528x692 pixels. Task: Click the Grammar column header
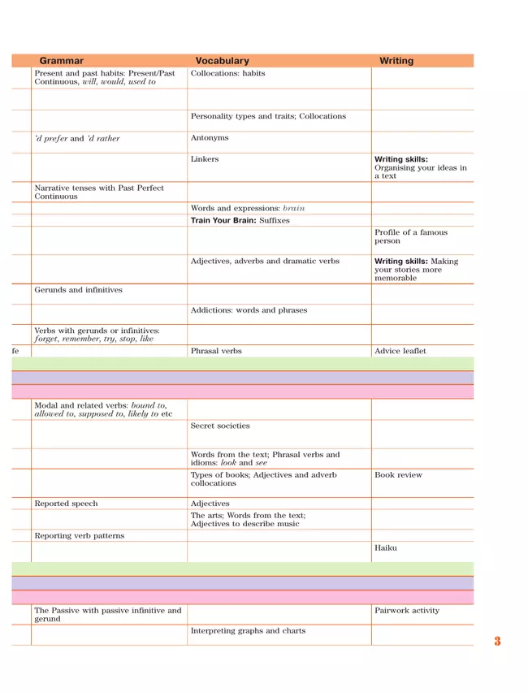[61, 61]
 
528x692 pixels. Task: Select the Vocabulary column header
[222, 61]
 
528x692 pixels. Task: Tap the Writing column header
[396, 61]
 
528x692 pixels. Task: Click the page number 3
[497, 642]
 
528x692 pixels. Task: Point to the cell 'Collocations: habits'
[227, 73]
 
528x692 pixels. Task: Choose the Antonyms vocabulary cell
[210, 138]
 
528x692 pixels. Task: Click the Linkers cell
[205, 159]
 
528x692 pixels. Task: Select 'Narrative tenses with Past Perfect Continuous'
[98, 192]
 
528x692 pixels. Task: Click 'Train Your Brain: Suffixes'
[240, 220]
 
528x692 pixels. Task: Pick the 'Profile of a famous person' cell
[411, 236]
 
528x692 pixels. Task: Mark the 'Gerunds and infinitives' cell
[78, 289]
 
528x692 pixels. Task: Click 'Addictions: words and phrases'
[249, 309]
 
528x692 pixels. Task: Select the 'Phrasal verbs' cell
[216, 351]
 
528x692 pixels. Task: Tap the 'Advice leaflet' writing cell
[400, 351]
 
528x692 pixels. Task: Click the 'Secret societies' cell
[220, 425]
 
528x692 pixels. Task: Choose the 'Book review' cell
[398, 474]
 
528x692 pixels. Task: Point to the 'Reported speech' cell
[66, 504]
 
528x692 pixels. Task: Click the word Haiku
[386, 548]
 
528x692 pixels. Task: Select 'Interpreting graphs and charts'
[248, 630]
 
